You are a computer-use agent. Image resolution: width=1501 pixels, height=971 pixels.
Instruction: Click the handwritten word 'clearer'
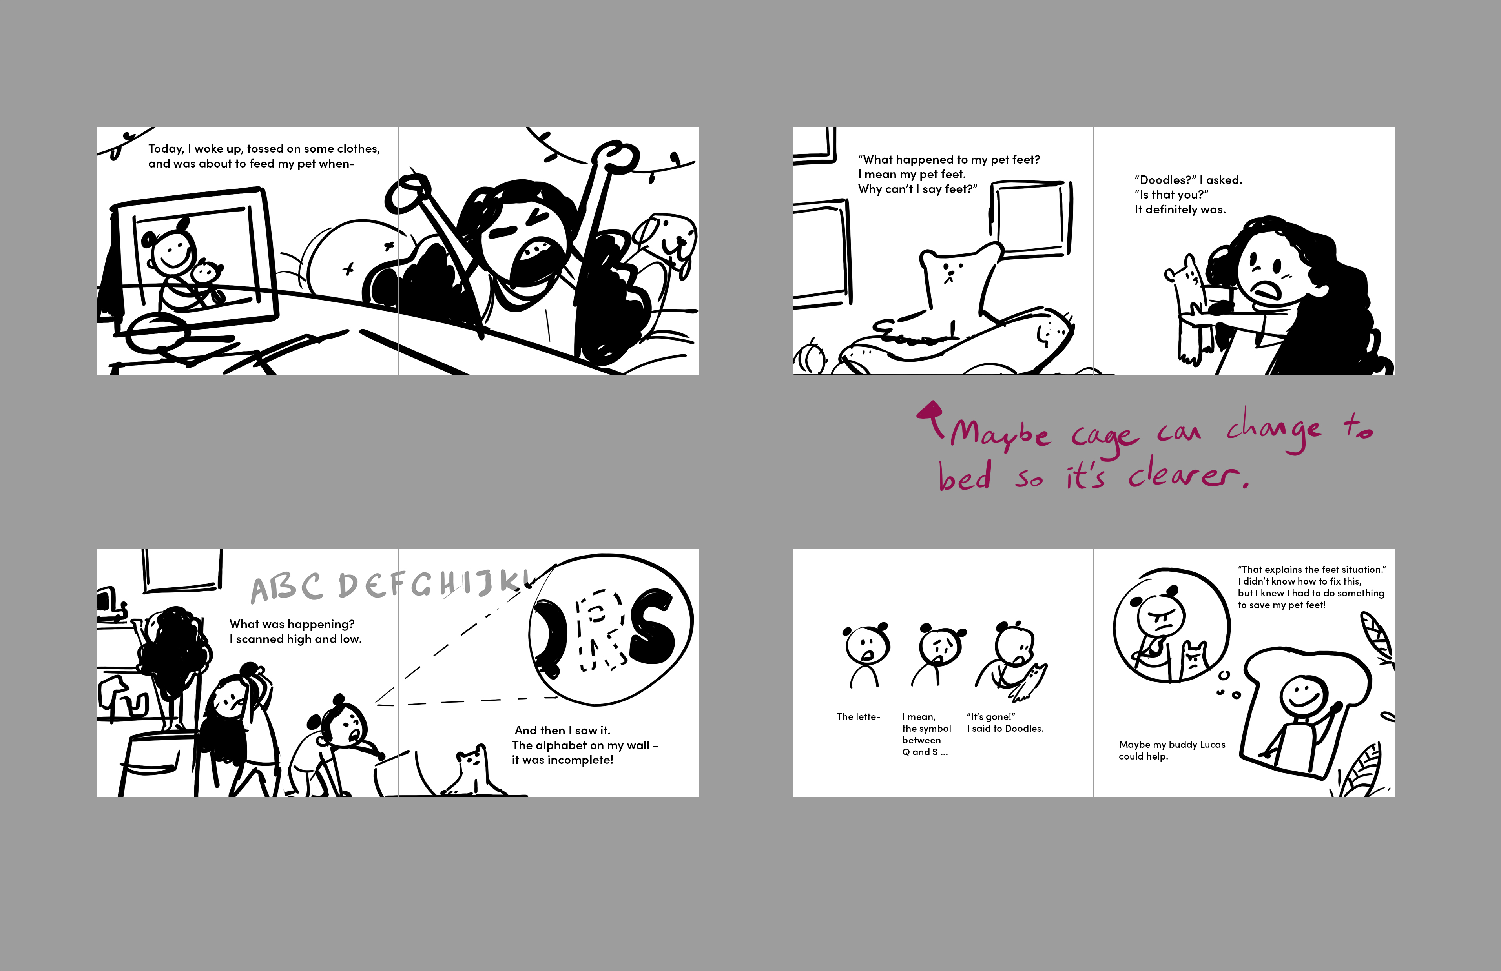[x=1185, y=476]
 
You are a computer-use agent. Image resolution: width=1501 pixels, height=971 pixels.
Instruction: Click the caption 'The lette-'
[x=858, y=717]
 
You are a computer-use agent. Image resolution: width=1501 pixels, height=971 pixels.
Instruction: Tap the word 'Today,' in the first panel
[x=166, y=149]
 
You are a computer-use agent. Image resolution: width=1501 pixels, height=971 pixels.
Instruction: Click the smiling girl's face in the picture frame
[x=169, y=251]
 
